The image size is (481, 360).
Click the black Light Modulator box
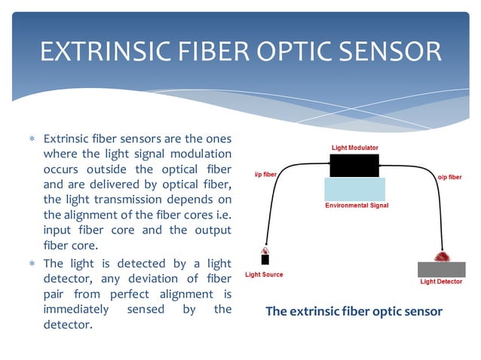[354, 166]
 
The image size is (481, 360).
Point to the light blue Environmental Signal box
[354, 188]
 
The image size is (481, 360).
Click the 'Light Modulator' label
[354, 148]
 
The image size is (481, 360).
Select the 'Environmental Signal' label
[357, 205]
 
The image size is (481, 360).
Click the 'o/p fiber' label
[449, 177]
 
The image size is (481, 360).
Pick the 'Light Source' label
[265, 274]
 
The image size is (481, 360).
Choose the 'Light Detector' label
[441, 282]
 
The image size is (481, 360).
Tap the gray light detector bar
[441, 269]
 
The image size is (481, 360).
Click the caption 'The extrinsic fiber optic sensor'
[354, 311]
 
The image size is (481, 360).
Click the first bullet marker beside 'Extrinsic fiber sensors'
[32, 140]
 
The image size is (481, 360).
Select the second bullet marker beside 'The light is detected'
[32, 264]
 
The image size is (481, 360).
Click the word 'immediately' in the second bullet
[73, 309]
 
